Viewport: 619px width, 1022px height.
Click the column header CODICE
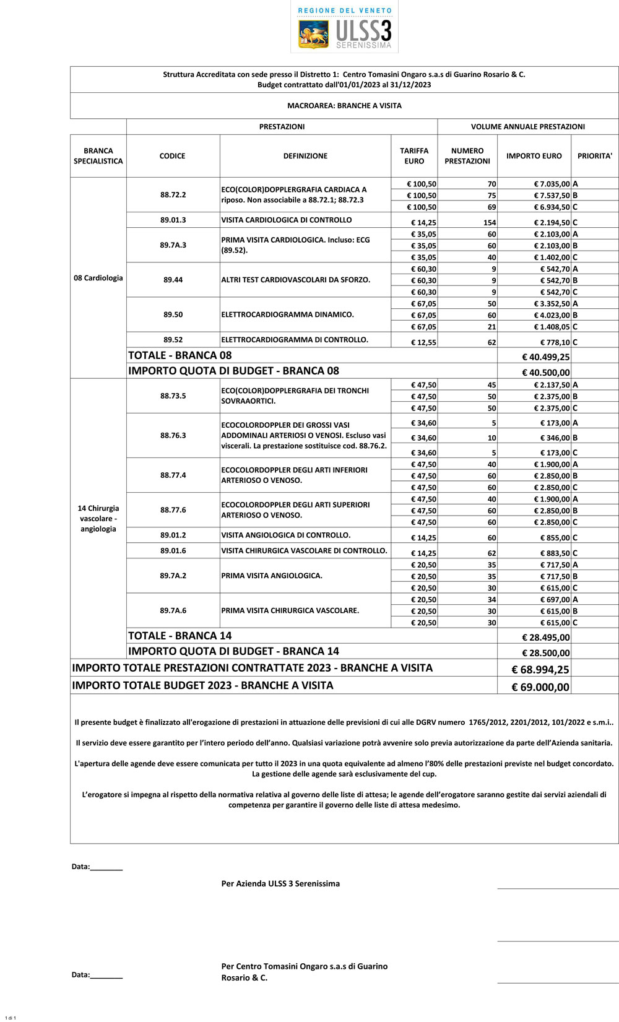(x=172, y=156)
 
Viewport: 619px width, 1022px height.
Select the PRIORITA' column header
(x=594, y=156)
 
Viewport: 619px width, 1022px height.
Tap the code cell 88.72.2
(x=173, y=195)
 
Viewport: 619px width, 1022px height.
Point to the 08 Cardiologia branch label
(x=98, y=278)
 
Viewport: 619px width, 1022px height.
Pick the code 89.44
(x=173, y=280)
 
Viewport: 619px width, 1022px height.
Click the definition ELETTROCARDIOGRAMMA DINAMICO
(x=287, y=314)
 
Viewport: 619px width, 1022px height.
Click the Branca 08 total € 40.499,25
(x=545, y=357)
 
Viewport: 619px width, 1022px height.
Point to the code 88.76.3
(x=173, y=435)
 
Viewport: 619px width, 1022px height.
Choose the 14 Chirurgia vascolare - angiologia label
(x=98, y=519)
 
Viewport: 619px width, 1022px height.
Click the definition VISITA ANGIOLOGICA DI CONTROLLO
(x=286, y=535)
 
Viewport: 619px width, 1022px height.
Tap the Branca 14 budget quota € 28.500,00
(x=545, y=653)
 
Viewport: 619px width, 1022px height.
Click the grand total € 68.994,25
(x=540, y=670)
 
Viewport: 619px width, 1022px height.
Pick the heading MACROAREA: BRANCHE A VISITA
(x=344, y=106)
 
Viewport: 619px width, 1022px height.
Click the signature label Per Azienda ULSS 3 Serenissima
(x=280, y=883)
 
